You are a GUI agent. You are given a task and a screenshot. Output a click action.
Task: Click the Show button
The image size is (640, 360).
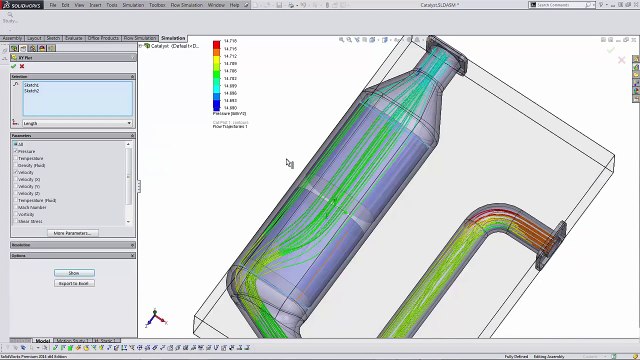(74, 273)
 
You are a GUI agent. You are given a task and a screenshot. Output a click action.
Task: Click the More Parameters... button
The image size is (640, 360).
(74, 233)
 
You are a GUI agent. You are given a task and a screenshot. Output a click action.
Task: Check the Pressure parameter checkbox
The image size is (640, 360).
(16, 151)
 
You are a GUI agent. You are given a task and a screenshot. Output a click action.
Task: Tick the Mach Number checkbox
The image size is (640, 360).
(16, 207)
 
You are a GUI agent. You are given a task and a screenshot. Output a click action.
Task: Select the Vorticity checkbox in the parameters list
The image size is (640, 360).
(16, 214)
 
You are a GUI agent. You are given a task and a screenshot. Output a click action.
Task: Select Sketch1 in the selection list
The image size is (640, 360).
(31, 85)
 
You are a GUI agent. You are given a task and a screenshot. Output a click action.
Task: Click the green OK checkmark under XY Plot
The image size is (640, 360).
(13, 66)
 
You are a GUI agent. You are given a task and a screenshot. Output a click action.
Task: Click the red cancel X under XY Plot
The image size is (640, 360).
(22, 66)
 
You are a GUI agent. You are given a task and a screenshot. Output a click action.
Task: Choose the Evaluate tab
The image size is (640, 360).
(74, 38)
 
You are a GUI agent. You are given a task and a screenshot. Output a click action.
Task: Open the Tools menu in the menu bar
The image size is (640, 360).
(112, 5)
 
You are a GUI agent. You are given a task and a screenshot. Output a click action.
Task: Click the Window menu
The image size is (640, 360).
(216, 5)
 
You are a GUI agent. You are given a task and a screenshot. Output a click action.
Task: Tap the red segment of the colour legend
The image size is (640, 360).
(217, 46)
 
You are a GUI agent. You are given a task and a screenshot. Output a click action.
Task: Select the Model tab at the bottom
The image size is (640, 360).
(42, 341)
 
